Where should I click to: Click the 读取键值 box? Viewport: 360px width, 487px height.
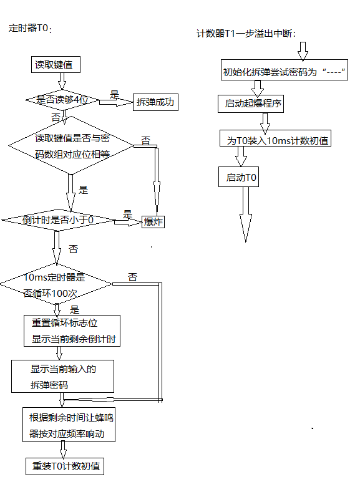click(56, 65)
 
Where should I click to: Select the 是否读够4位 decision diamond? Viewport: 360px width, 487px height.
click(62, 100)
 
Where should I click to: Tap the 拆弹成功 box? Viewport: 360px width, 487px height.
click(155, 102)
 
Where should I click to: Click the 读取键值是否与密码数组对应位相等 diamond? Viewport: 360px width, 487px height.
click(71, 145)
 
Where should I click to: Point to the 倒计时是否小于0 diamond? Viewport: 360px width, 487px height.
click(58, 220)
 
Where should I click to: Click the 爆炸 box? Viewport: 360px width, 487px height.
click(153, 222)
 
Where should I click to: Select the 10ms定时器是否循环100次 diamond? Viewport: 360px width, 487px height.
click(56, 284)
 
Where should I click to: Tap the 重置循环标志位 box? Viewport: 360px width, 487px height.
click(72, 330)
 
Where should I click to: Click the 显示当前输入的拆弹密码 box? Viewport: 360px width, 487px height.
click(63, 377)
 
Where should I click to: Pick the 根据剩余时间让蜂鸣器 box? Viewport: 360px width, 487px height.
click(69, 425)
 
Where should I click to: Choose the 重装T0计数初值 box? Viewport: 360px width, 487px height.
click(65, 466)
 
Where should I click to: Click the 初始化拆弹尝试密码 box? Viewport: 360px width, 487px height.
click(285, 70)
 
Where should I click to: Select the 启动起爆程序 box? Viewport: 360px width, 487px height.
click(251, 104)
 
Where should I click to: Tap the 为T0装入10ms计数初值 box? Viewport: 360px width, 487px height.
click(275, 138)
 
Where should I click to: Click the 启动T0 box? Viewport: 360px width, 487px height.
click(239, 176)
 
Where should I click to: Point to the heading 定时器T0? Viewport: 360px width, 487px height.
click(30, 28)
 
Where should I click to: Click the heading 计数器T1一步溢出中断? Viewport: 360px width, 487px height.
click(246, 33)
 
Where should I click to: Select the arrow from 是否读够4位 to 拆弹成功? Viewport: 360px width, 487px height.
click(116, 102)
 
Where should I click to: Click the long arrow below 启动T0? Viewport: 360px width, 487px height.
click(246, 215)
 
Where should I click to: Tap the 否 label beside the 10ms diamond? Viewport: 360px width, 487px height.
click(132, 277)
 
